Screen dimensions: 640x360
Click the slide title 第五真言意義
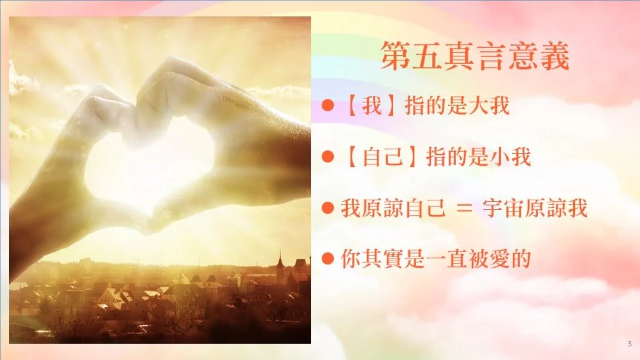click(475, 56)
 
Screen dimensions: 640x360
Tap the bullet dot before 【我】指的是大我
click(328, 105)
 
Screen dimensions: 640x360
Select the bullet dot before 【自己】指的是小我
click(328, 157)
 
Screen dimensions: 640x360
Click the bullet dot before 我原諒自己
click(328, 208)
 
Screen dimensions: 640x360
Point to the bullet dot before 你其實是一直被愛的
click(328, 259)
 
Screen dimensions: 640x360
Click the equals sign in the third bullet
click(464, 209)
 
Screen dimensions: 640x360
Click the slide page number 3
click(630, 344)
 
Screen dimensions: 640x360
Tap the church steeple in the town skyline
click(280, 261)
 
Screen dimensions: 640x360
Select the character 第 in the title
click(396, 56)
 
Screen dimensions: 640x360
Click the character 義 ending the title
click(555, 56)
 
